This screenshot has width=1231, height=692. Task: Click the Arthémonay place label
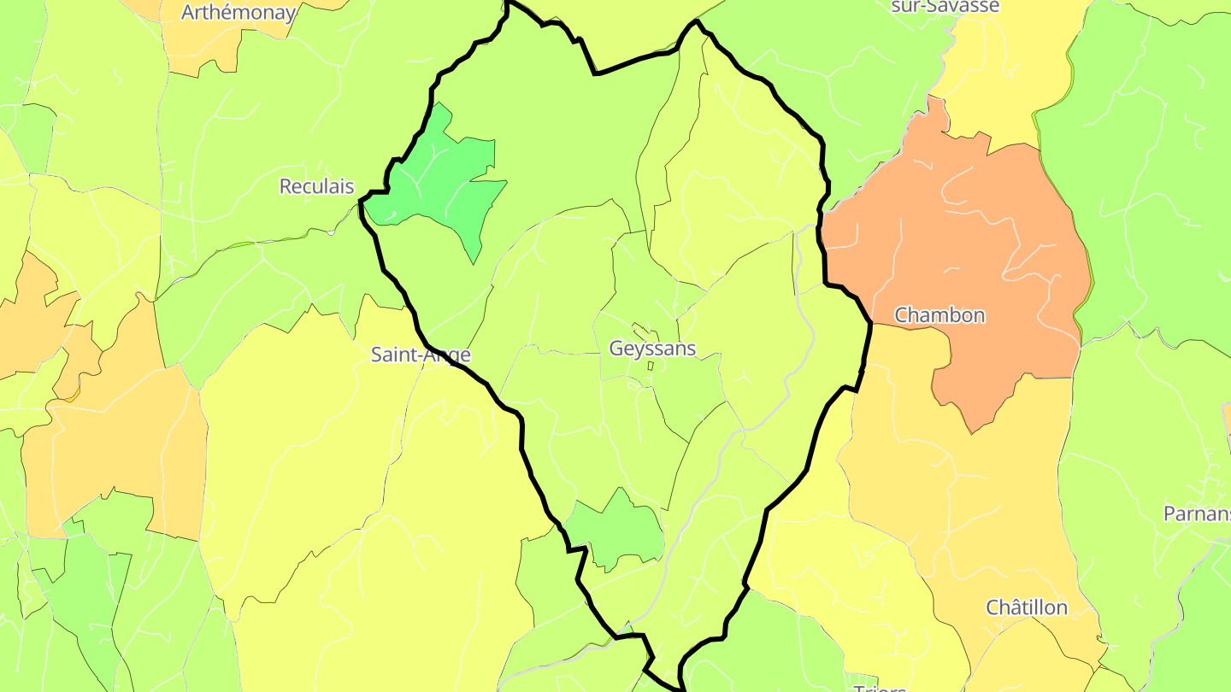coord(239,13)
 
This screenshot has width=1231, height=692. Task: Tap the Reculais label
coord(316,186)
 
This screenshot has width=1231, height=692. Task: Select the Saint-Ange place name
coord(421,355)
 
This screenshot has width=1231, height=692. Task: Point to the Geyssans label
coord(652,349)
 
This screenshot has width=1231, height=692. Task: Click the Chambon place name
coord(939,315)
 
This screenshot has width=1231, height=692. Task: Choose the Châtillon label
coord(1027,607)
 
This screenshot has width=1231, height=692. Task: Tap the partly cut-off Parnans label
coord(1197,513)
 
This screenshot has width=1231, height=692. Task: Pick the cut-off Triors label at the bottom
coord(879,687)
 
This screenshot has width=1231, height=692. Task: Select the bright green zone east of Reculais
coord(445,184)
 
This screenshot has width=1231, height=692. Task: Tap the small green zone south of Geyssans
coord(617,530)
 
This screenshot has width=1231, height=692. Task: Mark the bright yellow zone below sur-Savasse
coord(1000,77)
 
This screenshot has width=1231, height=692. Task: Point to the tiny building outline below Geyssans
coord(651,367)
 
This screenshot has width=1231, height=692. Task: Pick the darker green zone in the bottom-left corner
coord(85,598)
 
